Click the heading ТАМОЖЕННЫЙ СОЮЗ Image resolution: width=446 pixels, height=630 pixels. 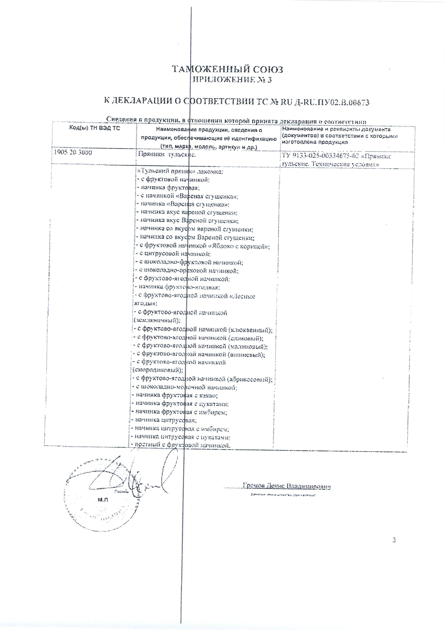227,69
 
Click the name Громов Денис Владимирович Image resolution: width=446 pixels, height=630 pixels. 287,487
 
